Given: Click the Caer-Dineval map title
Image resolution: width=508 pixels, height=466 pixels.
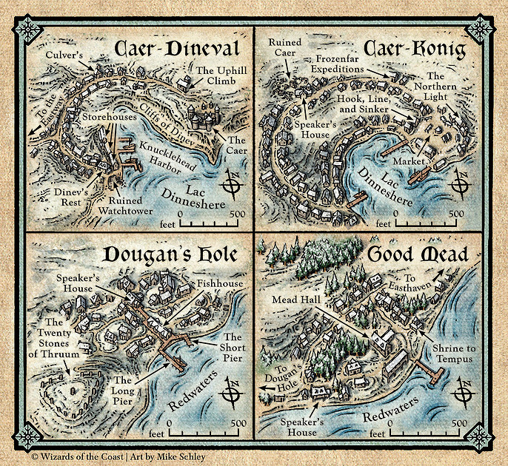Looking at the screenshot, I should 176,50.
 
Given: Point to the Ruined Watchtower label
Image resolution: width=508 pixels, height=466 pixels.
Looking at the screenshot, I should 130,205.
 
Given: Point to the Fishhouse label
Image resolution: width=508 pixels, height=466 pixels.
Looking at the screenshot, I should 215,284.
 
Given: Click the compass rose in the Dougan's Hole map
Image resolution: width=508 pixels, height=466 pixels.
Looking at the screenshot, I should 233,394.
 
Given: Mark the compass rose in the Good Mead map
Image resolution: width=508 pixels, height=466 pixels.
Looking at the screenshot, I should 467,392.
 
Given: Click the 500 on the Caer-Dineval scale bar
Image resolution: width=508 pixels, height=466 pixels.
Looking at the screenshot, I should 237,213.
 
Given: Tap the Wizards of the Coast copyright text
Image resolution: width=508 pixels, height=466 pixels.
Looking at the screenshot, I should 118,457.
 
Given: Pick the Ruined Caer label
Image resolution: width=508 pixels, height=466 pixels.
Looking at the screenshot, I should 284,48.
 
